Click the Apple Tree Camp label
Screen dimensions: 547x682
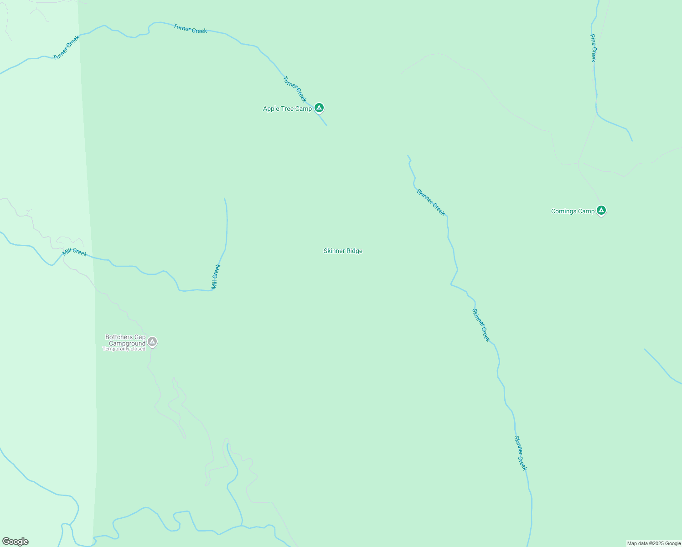coord(287,108)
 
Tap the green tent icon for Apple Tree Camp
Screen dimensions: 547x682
coord(319,108)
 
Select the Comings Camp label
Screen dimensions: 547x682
coord(573,211)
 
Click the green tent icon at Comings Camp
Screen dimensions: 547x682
coord(601,210)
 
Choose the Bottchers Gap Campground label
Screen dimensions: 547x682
coord(125,340)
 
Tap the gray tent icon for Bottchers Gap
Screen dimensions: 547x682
coord(152,341)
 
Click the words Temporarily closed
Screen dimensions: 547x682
coord(124,349)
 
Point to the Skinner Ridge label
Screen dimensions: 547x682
coord(343,251)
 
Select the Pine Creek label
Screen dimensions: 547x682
coord(593,48)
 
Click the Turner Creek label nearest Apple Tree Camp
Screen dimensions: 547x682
coord(294,89)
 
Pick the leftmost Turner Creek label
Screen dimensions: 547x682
coord(66,47)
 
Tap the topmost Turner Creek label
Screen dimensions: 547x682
coord(190,29)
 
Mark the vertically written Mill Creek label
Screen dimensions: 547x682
coord(216,276)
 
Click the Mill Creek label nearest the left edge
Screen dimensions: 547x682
coord(75,252)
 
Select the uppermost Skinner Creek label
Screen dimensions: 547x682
coord(430,202)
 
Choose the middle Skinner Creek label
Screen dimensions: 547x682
coord(480,325)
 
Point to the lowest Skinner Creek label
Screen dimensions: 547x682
coord(520,453)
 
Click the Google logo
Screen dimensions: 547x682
coord(15,542)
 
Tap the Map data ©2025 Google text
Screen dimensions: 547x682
coord(654,543)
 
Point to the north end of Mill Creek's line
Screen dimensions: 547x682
coord(225,199)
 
